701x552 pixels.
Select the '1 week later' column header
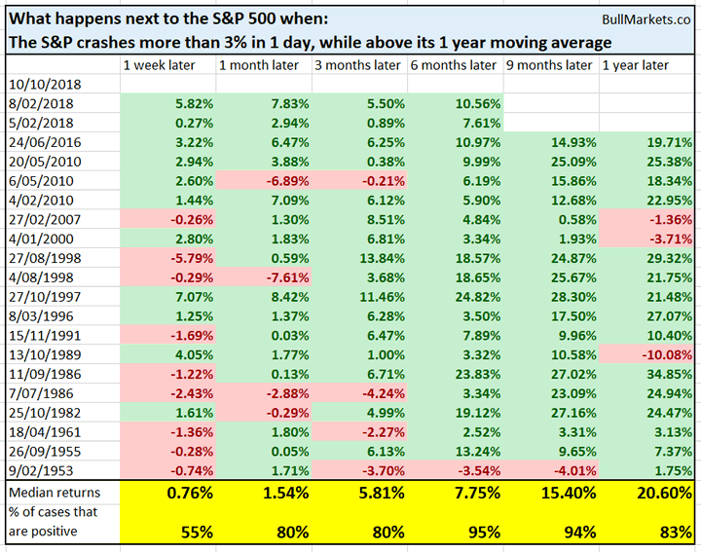click(x=159, y=65)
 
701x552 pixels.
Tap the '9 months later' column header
click(x=549, y=65)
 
